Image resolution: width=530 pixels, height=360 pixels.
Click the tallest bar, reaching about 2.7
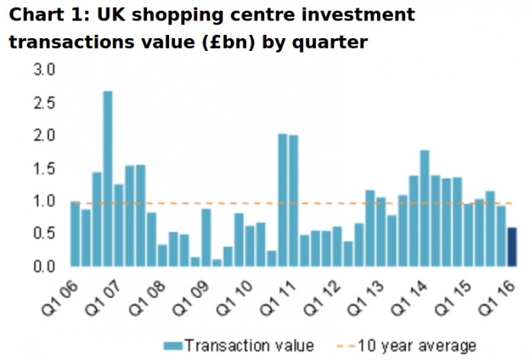click(x=108, y=179)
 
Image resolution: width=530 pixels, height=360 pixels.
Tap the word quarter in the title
click(x=334, y=43)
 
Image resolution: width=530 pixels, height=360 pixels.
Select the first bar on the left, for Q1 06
click(x=75, y=234)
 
